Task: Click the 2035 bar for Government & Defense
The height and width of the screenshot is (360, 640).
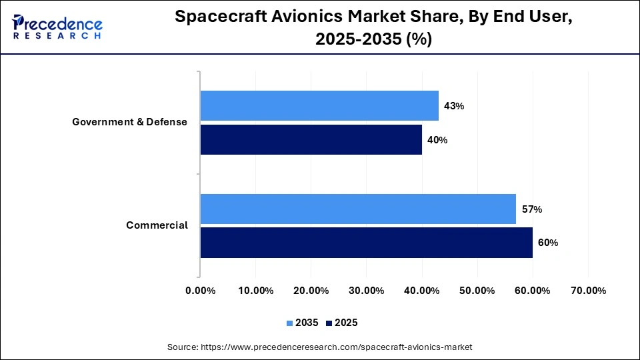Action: [319, 105]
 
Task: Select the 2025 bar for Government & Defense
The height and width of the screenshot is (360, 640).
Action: [311, 139]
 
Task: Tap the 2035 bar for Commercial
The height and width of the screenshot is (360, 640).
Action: [358, 209]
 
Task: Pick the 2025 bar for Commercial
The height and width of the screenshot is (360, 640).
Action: [366, 243]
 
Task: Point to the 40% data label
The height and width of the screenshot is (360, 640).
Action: [437, 140]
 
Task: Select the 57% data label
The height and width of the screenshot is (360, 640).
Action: [531, 209]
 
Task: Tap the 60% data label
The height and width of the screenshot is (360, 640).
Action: [547, 243]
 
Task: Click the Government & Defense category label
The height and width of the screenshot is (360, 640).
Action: [130, 122]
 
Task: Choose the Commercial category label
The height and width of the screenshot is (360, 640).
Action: [157, 225]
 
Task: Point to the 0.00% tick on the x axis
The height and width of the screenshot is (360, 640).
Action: [200, 291]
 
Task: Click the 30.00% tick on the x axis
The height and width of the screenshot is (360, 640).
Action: [366, 291]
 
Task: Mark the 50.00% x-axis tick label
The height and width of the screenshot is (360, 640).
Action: [477, 291]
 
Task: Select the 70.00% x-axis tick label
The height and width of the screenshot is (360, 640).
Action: [588, 291]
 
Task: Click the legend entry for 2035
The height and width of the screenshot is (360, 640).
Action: [303, 323]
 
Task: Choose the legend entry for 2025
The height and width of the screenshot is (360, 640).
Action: [342, 323]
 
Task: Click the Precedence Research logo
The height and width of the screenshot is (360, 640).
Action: [57, 27]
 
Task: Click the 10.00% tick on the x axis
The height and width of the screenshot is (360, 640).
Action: [255, 291]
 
